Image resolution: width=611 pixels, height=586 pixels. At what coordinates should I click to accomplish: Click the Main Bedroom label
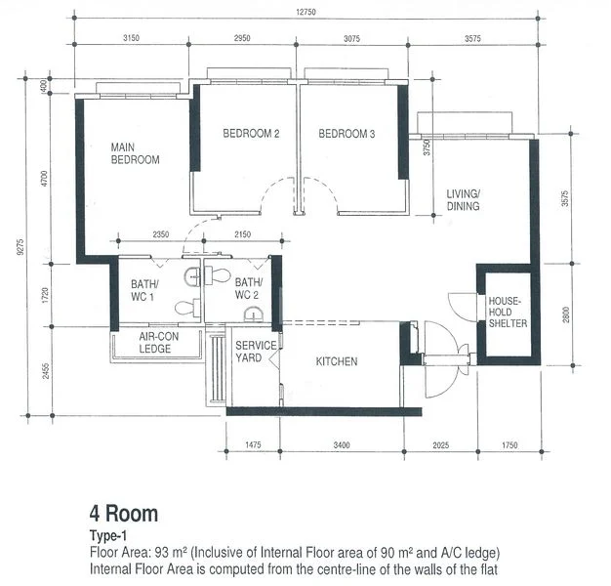(x=135, y=152)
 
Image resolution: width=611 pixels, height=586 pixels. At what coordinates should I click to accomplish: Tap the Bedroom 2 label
(x=251, y=134)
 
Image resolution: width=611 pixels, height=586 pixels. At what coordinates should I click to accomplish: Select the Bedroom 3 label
(x=346, y=134)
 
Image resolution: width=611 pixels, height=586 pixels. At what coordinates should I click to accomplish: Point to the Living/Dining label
(x=465, y=200)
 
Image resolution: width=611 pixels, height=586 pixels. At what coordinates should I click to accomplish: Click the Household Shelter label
(x=508, y=313)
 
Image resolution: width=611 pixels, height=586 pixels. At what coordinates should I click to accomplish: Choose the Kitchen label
(x=337, y=361)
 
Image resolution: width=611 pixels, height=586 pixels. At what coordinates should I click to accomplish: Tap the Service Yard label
(x=256, y=352)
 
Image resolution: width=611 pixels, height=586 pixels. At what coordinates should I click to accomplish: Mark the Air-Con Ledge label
(x=155, y=343)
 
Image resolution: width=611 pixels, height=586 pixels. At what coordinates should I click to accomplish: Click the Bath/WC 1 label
(x=144, y=290)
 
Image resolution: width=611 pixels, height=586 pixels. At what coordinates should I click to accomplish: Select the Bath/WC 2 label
(x=247, y=290)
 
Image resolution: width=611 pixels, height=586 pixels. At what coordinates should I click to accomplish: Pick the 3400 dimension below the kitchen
(x=341, y=446)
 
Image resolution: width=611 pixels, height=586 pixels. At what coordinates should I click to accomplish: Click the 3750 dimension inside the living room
(x=427, y=147)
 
